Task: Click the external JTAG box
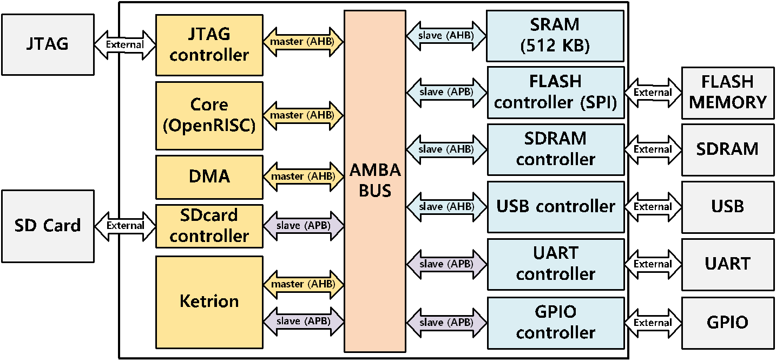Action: pos(48,44)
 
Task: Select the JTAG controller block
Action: pos(209,45)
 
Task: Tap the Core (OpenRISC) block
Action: pos(209,116)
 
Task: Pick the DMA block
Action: pos(209,177)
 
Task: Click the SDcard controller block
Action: pos(209,226)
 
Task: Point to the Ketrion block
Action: pos(209,302)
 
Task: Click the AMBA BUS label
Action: pos(375,180)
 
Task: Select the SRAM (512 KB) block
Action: pos(555,36)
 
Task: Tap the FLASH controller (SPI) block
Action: pos(556,93)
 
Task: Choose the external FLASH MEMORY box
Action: pos(728,93)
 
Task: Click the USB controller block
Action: pos(556,207)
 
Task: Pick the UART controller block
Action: pos(556,264)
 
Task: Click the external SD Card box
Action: pos(48,226)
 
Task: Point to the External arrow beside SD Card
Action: pos(125,226)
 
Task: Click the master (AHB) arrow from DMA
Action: pos(304,176)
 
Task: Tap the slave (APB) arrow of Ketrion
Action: pos(304,321)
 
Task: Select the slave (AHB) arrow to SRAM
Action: pos(446,36)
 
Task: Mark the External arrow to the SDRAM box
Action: pos(653,149)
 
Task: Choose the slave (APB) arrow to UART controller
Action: pos(446,264)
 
